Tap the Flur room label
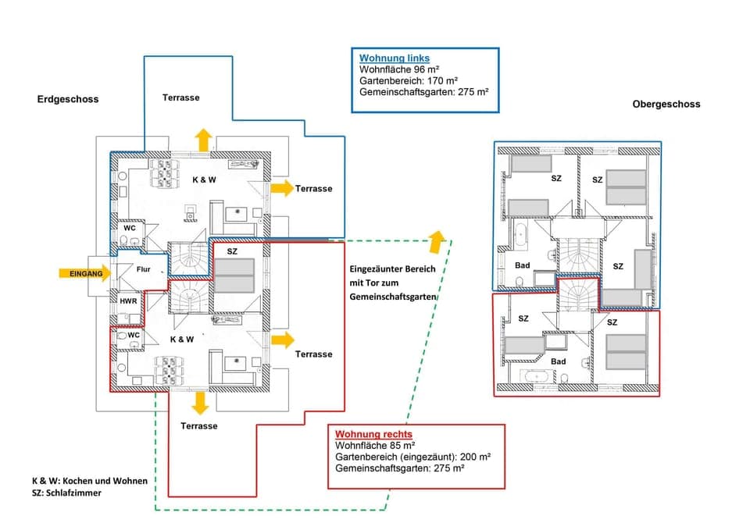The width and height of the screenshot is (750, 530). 143,269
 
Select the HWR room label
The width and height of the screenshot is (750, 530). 127,301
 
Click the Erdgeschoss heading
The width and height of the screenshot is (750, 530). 68,100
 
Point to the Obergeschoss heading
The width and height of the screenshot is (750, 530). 666,104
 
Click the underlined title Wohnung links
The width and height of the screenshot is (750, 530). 394,59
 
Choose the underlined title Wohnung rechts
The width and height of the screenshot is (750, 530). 373,434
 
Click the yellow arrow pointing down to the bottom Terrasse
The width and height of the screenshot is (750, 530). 201,403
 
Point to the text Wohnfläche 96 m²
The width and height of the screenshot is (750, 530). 392,69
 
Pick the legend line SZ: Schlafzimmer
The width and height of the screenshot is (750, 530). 66,494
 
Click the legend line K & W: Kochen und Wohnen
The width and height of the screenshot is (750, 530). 89,481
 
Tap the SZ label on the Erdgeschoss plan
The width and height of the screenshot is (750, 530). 232,252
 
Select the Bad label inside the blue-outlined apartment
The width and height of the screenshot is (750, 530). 522,265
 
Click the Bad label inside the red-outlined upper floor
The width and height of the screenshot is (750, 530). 558,361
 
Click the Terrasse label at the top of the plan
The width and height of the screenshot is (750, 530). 180,98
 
